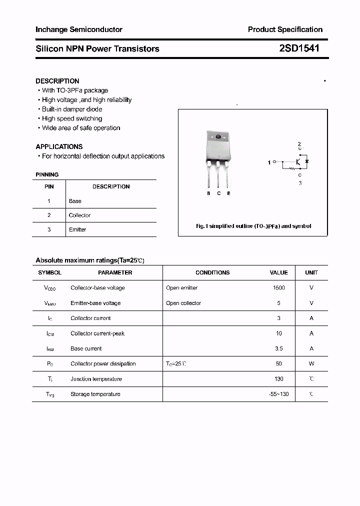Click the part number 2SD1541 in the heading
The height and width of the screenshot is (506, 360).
(299, 48)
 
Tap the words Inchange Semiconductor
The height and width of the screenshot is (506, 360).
(79, 29)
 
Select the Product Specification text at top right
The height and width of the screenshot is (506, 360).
(285, 29)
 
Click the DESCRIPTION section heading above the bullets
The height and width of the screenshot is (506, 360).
(57, 81)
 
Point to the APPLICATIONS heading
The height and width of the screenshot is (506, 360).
(59, 146)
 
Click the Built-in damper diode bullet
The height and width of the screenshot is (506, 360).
(71, 109)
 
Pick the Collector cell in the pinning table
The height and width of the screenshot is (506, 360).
(79, 215)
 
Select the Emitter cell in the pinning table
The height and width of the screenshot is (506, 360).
(77, 229)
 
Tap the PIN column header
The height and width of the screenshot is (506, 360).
(49, 186)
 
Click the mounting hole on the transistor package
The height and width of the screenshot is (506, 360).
(218, 137)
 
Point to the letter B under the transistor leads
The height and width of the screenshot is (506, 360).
(208, 193)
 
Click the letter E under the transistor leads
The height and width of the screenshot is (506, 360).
(228, 193)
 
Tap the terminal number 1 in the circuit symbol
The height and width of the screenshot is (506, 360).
(269, 162)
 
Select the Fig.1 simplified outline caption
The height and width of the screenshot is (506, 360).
(253, 226)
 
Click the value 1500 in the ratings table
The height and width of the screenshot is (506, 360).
(278, 288)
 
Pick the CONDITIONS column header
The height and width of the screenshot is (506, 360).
(212, 272)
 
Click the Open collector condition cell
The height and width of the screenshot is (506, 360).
(183, 303)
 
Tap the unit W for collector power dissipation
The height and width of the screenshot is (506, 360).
(311, 364)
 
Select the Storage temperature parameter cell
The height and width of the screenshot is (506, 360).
(95, 394)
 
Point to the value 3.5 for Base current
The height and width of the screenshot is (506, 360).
(278, 348)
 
